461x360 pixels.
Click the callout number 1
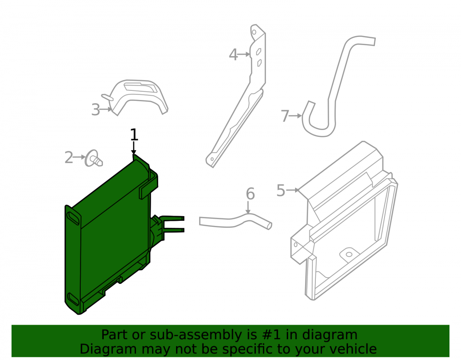134,135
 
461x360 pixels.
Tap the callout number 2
69,158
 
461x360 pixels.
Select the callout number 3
95,110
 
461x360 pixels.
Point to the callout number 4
233,55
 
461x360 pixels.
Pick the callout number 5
281,190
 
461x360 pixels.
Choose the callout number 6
250,194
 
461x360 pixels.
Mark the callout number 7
285,116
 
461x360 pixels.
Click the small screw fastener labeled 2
94,159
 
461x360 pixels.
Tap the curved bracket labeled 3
138,97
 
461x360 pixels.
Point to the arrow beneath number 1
134,148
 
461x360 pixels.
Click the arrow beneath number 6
248,208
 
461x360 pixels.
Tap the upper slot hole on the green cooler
73,218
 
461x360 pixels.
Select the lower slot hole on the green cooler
73,300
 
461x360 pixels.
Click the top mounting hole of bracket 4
254,32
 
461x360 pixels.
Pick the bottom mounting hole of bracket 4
212,159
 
